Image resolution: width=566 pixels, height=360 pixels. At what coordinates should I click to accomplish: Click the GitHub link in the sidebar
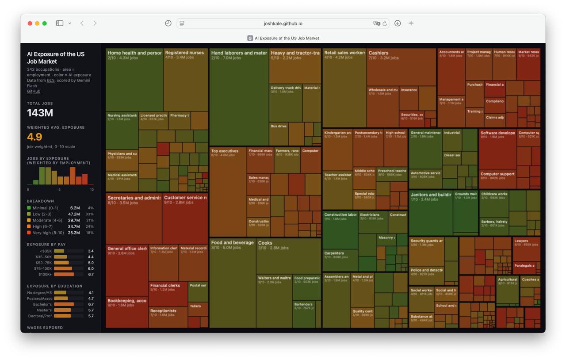pos(34,92)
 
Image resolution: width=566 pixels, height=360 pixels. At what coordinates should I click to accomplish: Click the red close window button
pos(30,23)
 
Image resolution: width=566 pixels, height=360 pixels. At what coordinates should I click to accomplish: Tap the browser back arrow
pos(82,23)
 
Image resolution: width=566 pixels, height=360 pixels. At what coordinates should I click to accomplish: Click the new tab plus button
pos(411,23)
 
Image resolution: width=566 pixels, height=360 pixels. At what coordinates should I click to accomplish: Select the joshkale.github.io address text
pos(283,23)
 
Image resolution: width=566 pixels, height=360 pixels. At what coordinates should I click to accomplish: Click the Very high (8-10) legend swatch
pos(29,233)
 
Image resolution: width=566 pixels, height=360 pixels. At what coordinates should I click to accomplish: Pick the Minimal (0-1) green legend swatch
pos(29,208)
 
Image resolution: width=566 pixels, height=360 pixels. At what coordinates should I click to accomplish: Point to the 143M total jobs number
pos(40,113)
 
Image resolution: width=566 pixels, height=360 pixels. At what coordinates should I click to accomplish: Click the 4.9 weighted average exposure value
pos(34,137)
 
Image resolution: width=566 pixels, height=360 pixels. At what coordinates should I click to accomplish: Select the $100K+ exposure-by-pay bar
pos(64,274)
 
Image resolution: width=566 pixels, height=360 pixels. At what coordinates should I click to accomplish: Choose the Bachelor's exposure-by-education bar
pos(64,304)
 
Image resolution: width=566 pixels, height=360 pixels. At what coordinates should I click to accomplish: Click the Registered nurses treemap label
pos(184,53)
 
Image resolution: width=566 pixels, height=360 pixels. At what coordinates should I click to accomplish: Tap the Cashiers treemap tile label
pos(379,53)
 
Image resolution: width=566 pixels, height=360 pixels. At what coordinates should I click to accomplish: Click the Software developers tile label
pos(497,133)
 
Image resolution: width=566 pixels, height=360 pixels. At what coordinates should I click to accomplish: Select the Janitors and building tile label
pos(431,195)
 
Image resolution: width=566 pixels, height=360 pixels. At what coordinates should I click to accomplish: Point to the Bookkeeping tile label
pos(126,301)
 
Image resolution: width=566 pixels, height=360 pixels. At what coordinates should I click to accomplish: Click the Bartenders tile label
pos(303,304)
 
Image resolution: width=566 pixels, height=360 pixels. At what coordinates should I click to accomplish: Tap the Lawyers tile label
pos(521,241)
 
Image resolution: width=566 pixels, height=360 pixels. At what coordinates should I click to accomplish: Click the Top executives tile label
pos(225,151)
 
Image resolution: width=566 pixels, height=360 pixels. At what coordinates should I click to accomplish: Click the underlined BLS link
pos(50,80)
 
